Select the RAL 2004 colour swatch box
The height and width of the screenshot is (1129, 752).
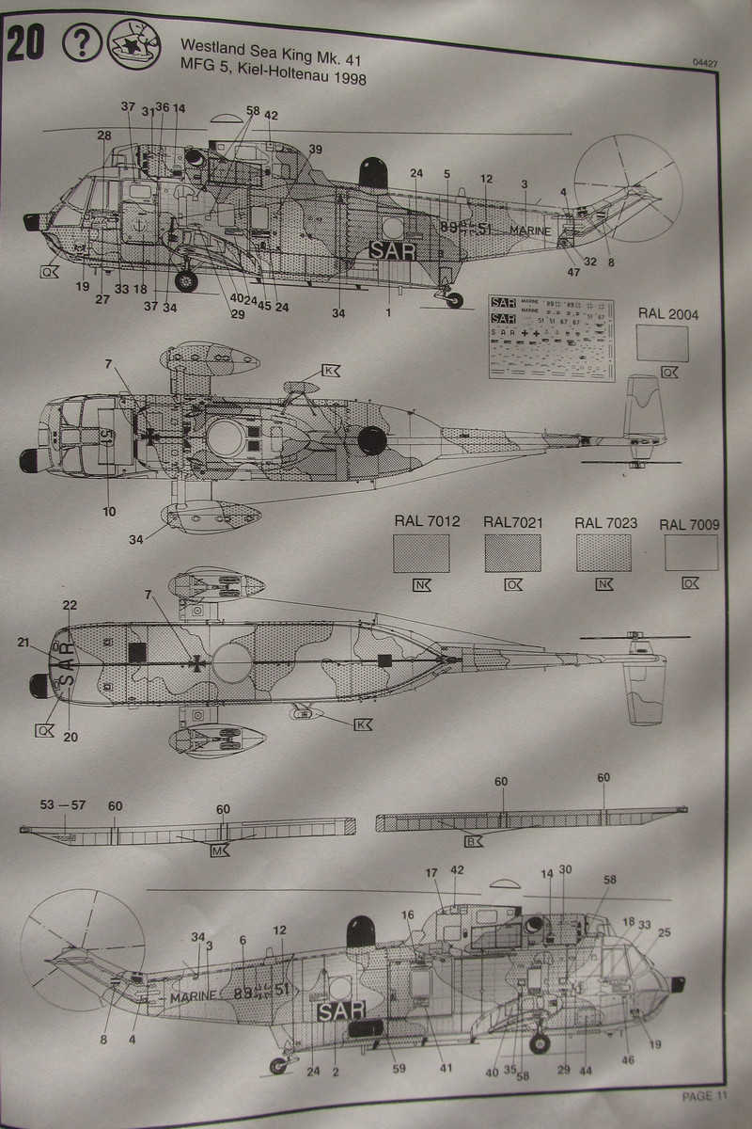[668, 343]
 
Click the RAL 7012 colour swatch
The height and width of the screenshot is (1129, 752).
[419, 552]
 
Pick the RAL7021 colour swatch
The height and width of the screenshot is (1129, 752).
[512, 552]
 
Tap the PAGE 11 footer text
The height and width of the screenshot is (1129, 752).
[704, 1094]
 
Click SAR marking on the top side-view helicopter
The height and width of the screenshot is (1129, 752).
[391, 251]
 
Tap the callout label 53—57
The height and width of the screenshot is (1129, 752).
[63, 805]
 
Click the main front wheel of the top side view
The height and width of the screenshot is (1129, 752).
[187, 279]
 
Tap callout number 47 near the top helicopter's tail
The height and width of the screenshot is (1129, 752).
[572, 273]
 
